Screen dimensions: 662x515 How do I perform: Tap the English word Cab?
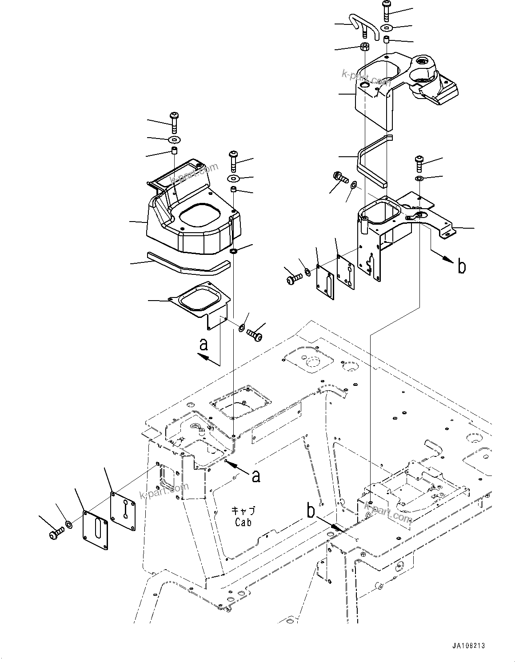(243, 522)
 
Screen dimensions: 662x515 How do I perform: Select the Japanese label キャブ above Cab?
(243, 511)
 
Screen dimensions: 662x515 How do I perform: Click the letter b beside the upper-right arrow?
(462, 267)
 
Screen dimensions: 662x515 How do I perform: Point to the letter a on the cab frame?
(256, 476)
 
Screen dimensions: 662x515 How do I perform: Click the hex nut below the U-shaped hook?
(364, 47)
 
